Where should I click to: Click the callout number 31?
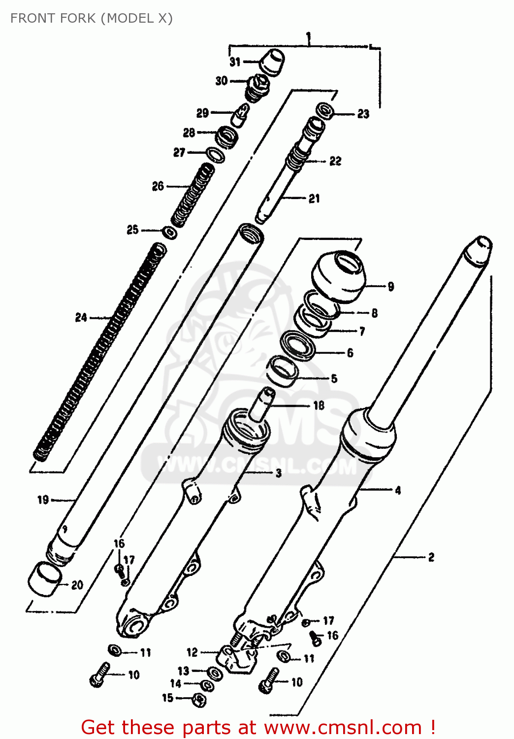(235, 62)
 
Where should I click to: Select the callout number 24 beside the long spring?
(81, 318)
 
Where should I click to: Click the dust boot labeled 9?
(339, 276)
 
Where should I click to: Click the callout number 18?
(319, 405)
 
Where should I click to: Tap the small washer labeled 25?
(170, 232)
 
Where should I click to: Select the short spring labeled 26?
(193, 196)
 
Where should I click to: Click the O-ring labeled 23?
(324, 111)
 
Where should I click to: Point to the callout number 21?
(314, 199)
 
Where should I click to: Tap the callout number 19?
(43, 500)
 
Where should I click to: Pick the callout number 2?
(431, 557)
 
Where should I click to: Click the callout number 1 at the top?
(309, 37)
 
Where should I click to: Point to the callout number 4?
(398, 490)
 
